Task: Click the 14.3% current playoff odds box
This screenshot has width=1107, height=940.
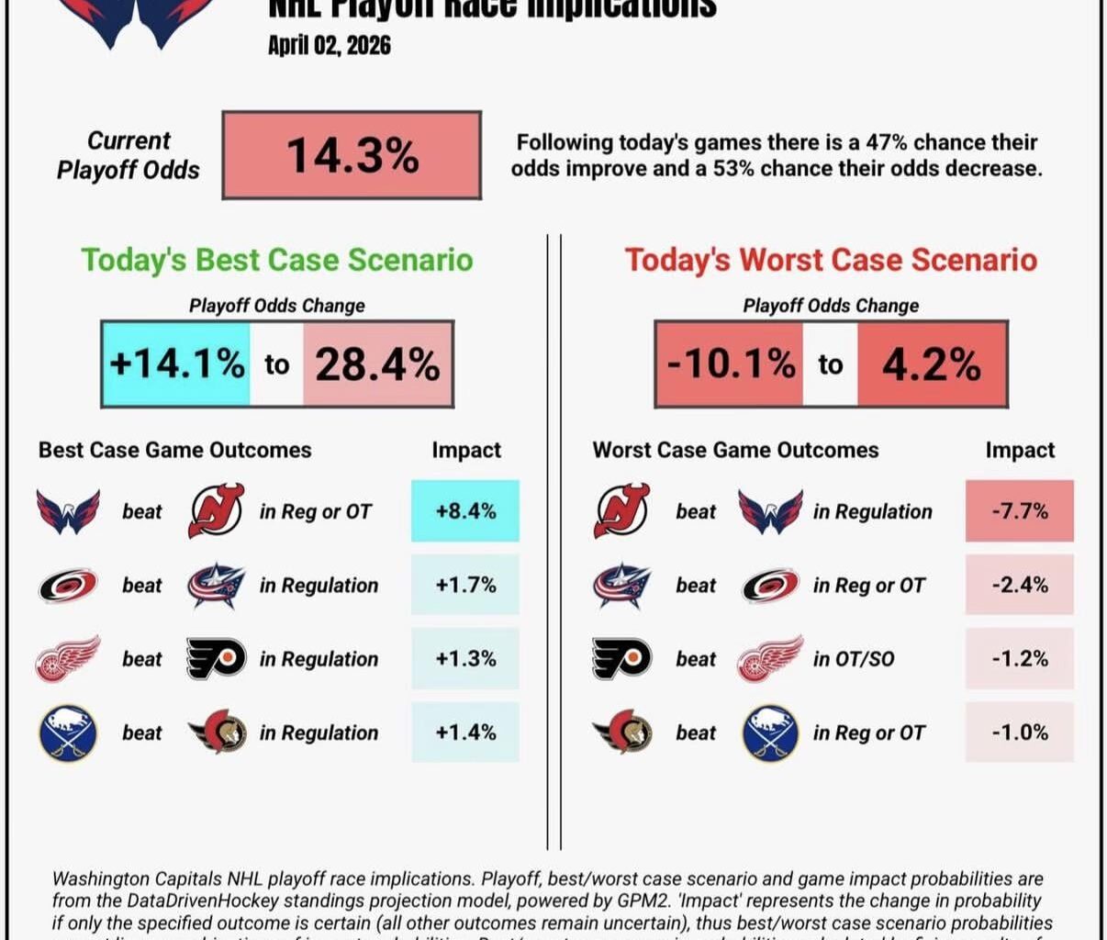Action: (352, 155)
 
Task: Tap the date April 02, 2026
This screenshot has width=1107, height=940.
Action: (329, 45)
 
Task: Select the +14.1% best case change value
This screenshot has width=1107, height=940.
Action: (176, 364)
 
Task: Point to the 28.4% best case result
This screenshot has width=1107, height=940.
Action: (377, 364)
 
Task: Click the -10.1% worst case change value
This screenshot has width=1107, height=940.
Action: (731, 364)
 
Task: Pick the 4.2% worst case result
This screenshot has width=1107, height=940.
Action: (932, 364)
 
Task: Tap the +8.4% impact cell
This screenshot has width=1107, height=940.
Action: (465, 510)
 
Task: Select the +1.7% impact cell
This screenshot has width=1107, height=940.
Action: (465, 585)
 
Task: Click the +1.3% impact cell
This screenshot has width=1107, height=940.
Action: (465, 658)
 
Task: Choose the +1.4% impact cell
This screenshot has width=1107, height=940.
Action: (465, 732)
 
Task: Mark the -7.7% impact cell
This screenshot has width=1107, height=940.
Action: (1019, 510)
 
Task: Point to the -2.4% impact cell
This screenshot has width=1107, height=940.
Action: (1019, 585)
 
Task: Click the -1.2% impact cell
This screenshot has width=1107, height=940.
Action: (1019, 658)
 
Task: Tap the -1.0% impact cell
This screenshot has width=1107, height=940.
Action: (1019, 732)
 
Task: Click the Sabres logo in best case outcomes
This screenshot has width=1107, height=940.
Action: (68, 733)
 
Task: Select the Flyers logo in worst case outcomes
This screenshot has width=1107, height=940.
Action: (621, 658)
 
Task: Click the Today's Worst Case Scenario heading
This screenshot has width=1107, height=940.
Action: (831, 260)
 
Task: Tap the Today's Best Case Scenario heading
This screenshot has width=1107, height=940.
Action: (277, 260)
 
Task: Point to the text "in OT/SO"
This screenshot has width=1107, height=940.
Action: (854, 658)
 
